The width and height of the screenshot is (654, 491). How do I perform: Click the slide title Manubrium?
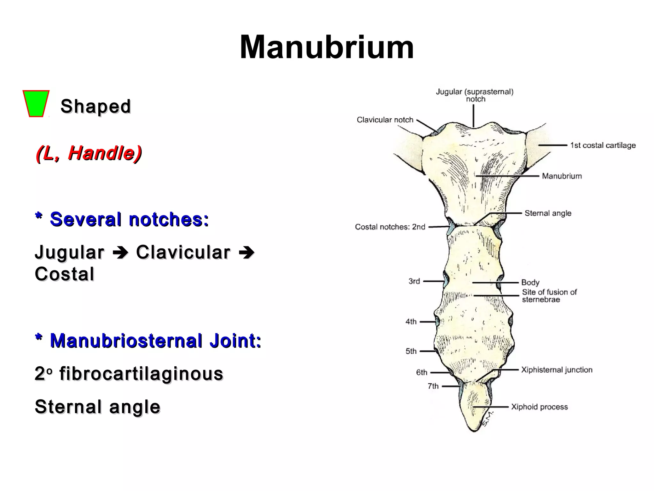(x=327, y=47)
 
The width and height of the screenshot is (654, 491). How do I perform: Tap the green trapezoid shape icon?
(x=36, y=104)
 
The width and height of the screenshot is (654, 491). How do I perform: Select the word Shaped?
(x=95, y=106)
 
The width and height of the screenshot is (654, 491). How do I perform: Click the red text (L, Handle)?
(x=89, y=153)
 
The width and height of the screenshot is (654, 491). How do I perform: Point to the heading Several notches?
(x=122, y=219)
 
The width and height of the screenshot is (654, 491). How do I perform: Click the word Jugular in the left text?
(x=70, y=252)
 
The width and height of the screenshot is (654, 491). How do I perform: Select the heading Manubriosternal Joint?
(x=148, y=340)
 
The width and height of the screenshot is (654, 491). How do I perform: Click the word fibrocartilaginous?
(x=141, y=374)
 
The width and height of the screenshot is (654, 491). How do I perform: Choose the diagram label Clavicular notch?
(x=385, y=120)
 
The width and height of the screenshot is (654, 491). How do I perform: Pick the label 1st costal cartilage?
(x=603, y=145)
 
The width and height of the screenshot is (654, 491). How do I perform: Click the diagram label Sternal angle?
(x=548, y=213)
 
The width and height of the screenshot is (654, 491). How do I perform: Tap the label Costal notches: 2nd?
(x=390, y=227)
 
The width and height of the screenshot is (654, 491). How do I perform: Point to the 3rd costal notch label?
(x=414, y=281)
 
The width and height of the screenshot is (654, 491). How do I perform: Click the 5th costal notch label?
(x=411, y=351)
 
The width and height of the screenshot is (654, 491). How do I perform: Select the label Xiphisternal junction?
(x=557, y=370)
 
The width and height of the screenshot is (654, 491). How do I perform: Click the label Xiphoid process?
(x=539, y=407)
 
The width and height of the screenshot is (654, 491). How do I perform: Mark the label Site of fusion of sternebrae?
(x=549, y=296)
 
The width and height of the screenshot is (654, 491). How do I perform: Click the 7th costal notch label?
(x=433, y=386)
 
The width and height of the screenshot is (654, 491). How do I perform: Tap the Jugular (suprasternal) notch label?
(x=475, y=95)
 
